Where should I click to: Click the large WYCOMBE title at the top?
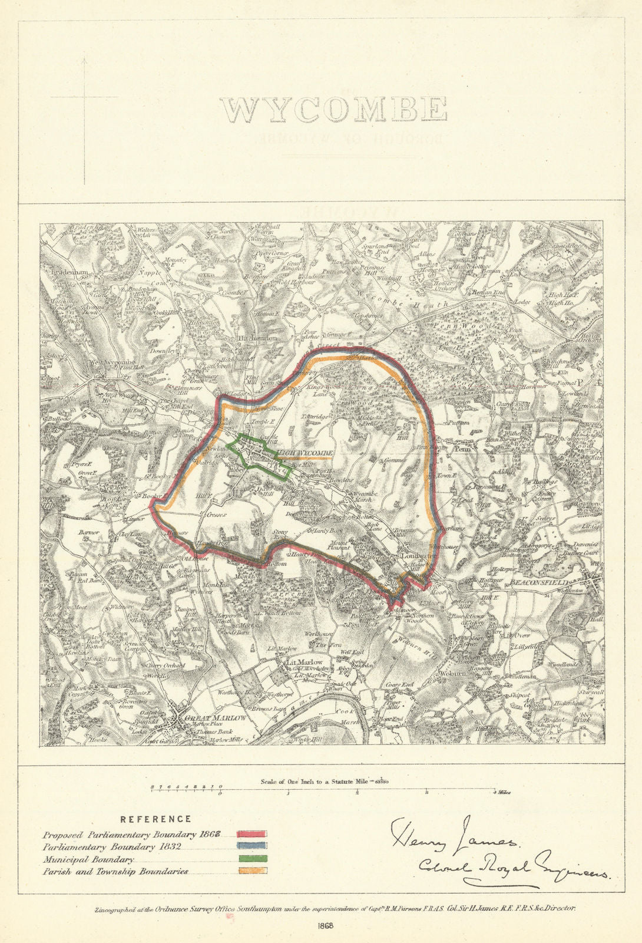point(333,110)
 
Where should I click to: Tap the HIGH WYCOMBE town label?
point(305,453)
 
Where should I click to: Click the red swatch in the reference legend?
point(252,835)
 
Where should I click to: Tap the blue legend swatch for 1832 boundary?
point(252,846)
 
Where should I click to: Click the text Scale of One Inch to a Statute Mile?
point(324,782)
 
